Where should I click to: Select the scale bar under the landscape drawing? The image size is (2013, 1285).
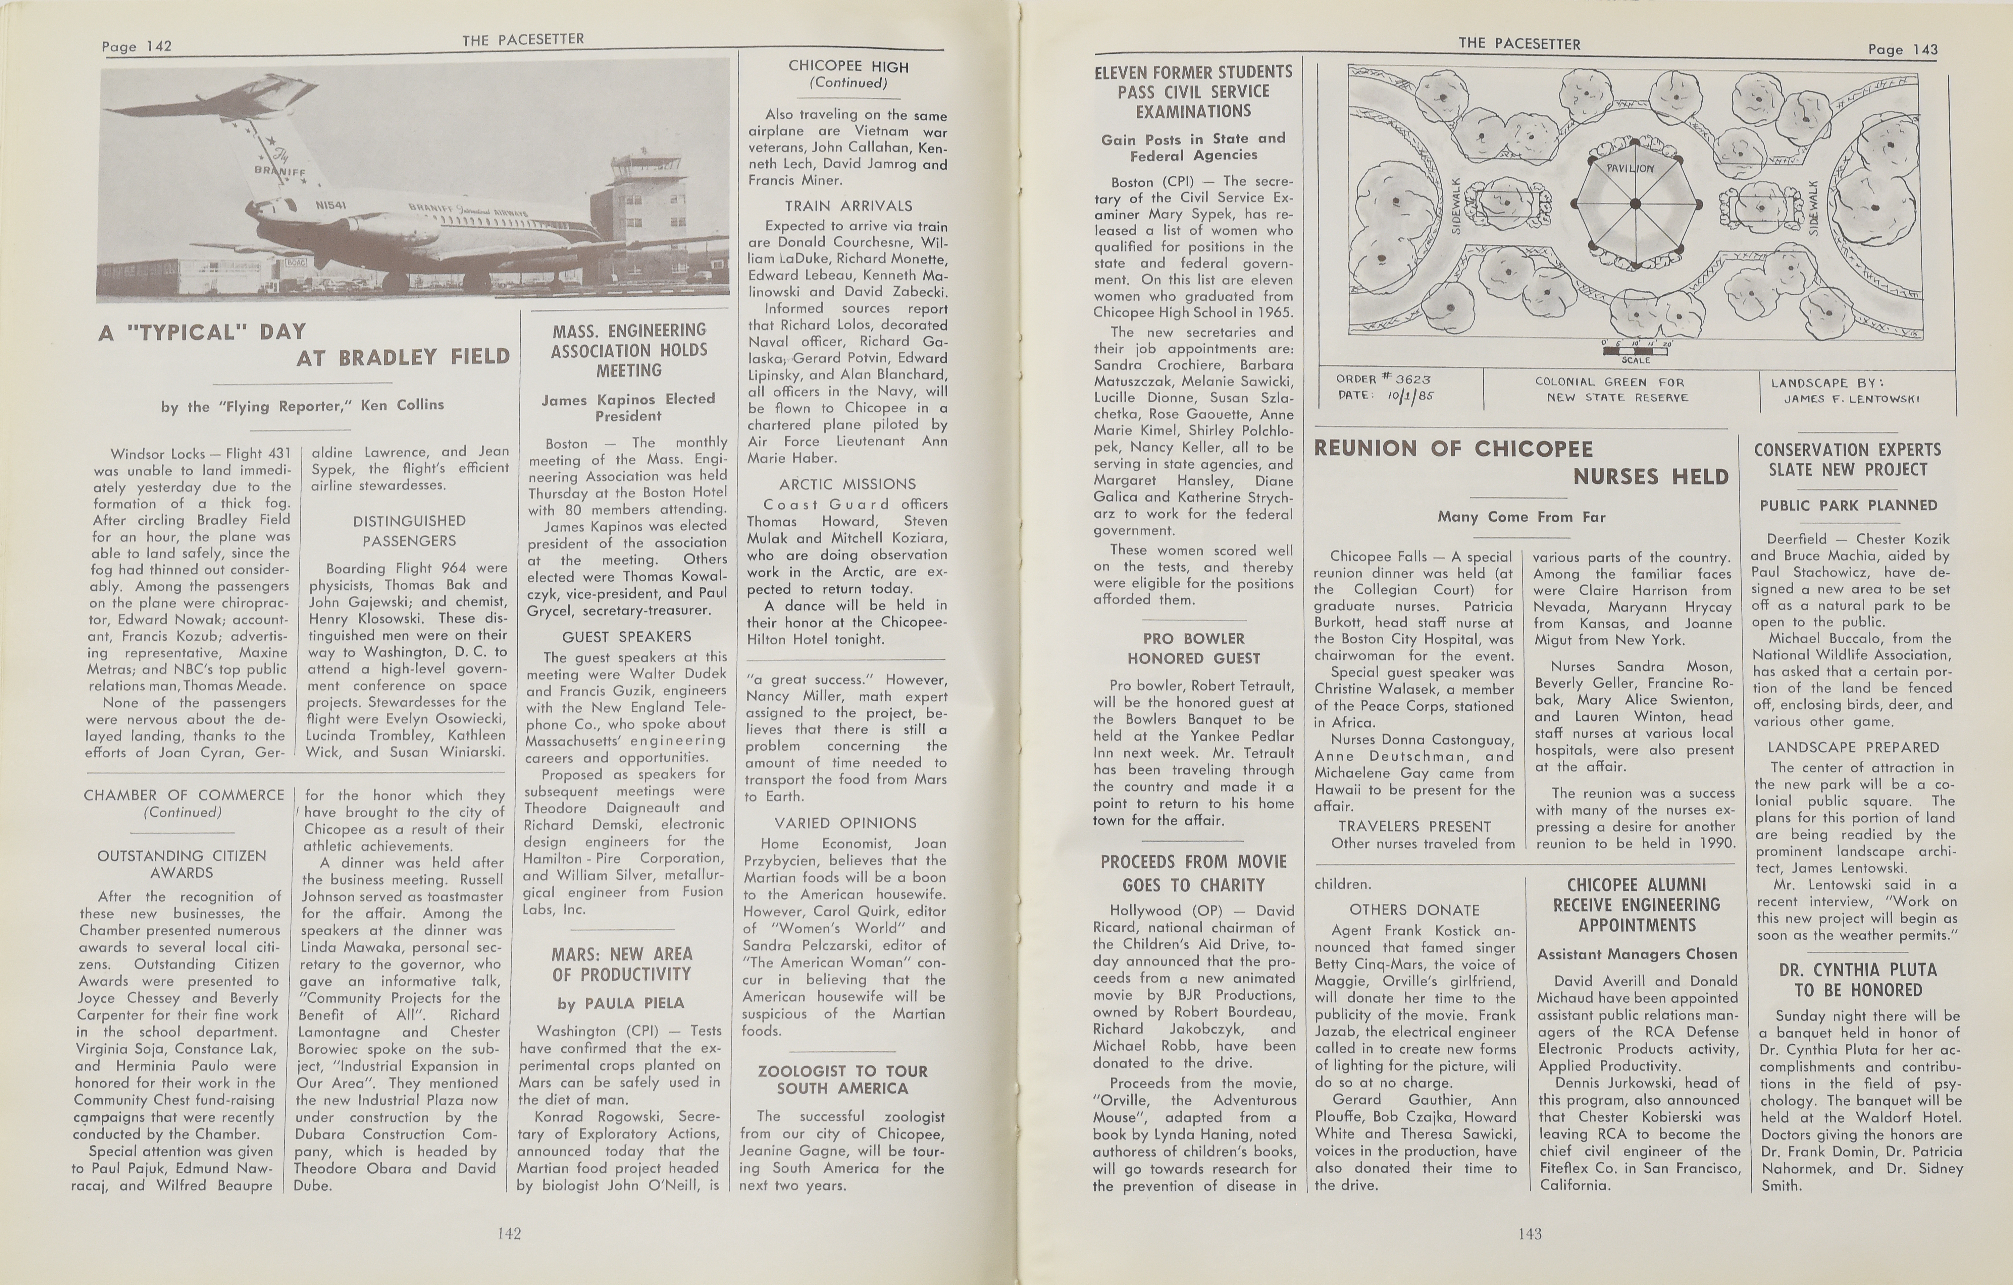point(1636,351)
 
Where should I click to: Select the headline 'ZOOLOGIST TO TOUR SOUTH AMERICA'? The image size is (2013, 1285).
point(843,1079)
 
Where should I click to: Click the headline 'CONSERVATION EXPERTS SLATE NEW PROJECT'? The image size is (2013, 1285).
point(1848,460)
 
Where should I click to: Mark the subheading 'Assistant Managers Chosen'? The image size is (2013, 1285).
point(1637,954)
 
